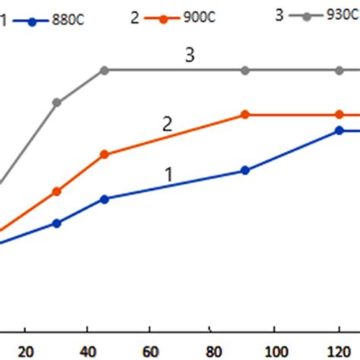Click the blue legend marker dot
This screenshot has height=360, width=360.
pos(32,21)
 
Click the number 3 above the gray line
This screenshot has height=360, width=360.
pos(189,54)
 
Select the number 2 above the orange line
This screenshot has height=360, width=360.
pos(167,124)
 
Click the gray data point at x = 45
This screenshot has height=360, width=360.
pos(105,70)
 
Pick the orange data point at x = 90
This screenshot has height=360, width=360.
pos(245,115)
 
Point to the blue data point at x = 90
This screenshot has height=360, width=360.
pos(245,171)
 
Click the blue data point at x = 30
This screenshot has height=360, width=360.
pos(57,223)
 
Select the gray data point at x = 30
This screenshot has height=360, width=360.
pos(57,102)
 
